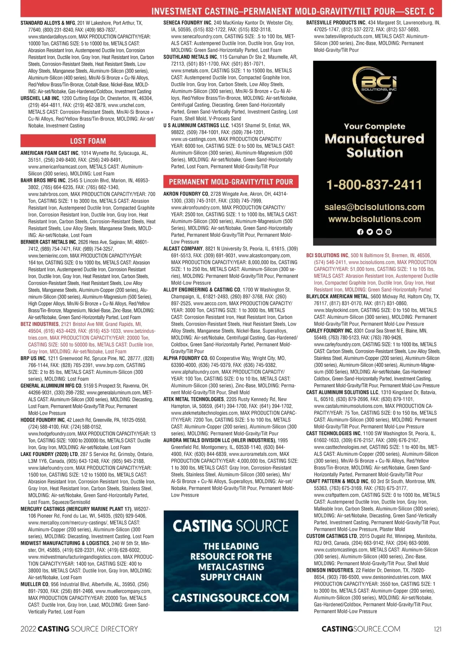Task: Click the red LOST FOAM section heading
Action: click(x=88, y=141)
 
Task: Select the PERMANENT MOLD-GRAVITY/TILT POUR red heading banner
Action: click(x=231, y=182)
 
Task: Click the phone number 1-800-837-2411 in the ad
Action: click(x=374, y=185)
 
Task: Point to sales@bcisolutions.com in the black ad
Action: click(x=374, y=207)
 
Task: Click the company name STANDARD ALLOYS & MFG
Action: click(x=48, y=23)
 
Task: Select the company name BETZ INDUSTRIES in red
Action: click(x=40, y=324)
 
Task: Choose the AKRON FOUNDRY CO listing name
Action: click(x=186, y=194)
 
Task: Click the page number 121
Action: click(x=437, y=629)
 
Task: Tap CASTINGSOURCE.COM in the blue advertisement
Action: click(x=231, y=598)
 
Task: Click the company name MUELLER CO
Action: click(x=35, y=584)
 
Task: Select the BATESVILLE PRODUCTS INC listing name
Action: click(x=336, y=23)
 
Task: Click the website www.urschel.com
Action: click(x=127, y=105)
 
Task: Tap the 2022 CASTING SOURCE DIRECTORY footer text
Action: click(x=79, y=629)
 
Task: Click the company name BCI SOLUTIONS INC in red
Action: click(x=327, y=256)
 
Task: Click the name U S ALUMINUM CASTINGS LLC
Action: click(x=196, y=126)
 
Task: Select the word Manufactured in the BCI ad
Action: click(x=374, y=139)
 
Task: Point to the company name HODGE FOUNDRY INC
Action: click(x=43, y=420)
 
